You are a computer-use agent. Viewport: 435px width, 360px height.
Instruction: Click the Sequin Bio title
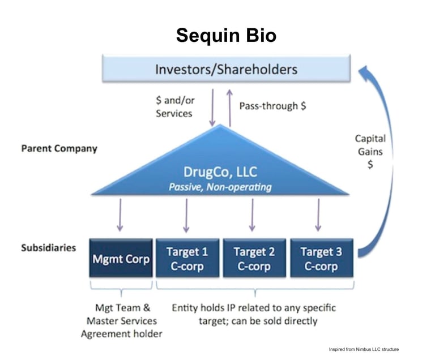click(226, 35)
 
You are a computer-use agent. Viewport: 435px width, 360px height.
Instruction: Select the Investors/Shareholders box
click(226, 69)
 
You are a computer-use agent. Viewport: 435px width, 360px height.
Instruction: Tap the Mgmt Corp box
click(121, 259)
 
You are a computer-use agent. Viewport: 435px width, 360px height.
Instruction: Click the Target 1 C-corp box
click(187, 259)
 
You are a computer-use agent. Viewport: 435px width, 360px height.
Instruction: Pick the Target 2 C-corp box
click(254, 259)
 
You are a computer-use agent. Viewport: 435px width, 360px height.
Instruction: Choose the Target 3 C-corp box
click(321, 259)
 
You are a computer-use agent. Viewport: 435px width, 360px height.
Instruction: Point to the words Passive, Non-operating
click(220, 187)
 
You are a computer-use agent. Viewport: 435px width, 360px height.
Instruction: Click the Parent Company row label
click(59, 149)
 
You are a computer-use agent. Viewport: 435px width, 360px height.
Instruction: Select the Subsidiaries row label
click(49, 248)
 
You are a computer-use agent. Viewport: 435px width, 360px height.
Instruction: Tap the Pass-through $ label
click(272, 106)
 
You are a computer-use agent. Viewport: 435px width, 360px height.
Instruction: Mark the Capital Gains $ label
click(370, 151)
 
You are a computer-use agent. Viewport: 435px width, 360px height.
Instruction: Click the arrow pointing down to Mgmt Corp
click(120, 215)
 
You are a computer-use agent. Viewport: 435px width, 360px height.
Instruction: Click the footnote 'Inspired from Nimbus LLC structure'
click(364, 349)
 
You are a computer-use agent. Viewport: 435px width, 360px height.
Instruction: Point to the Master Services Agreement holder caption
click(121, 321)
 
